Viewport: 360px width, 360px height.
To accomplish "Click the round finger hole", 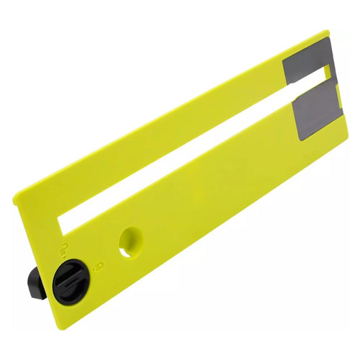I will click(130, 241).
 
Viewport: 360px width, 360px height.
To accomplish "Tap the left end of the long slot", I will click(65, 222).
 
